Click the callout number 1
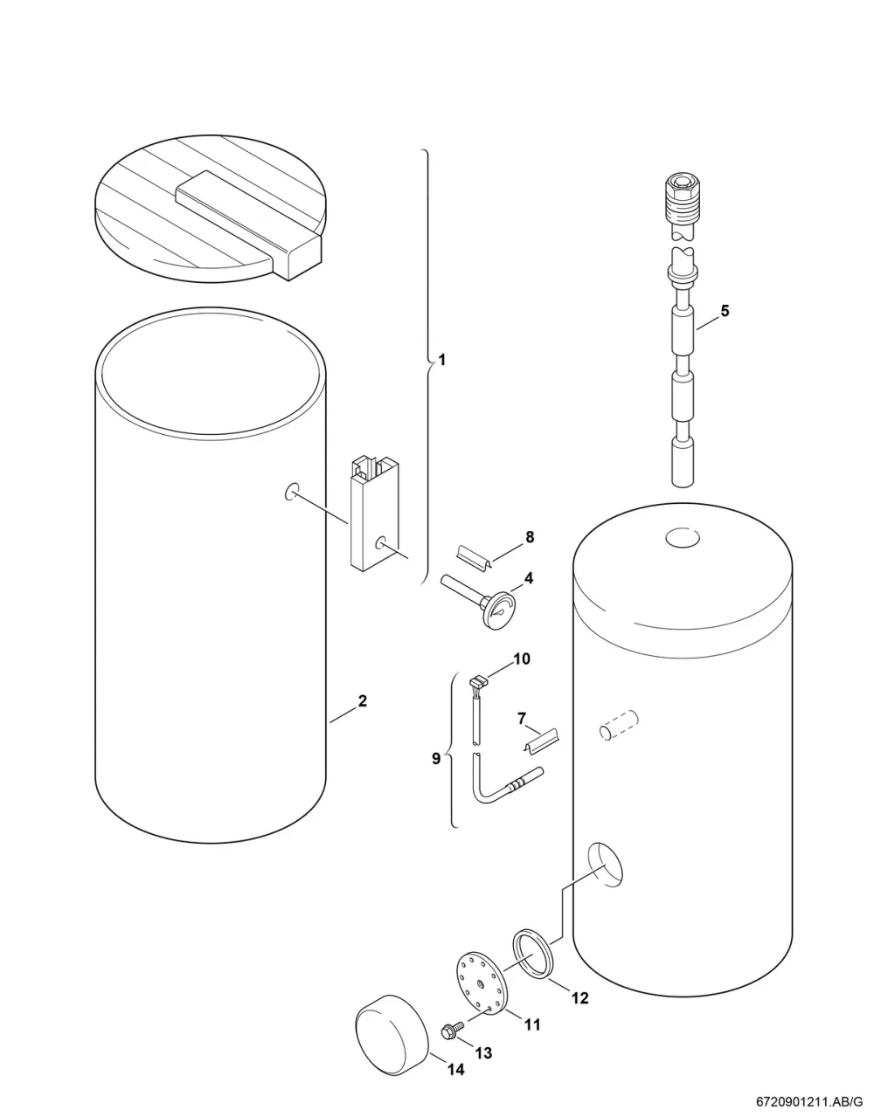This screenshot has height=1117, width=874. click(440, 360)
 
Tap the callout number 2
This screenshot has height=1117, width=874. click(363, 700)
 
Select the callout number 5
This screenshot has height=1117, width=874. click(725, 311)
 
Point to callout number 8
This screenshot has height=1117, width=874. click(530, 536)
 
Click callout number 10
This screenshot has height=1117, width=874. click(522, 658)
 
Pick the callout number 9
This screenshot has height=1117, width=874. click(436, 758)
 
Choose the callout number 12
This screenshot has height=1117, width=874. click(579, 997)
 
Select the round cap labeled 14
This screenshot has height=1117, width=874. click(392, 1041)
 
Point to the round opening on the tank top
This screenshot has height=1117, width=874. click(682, 539)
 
